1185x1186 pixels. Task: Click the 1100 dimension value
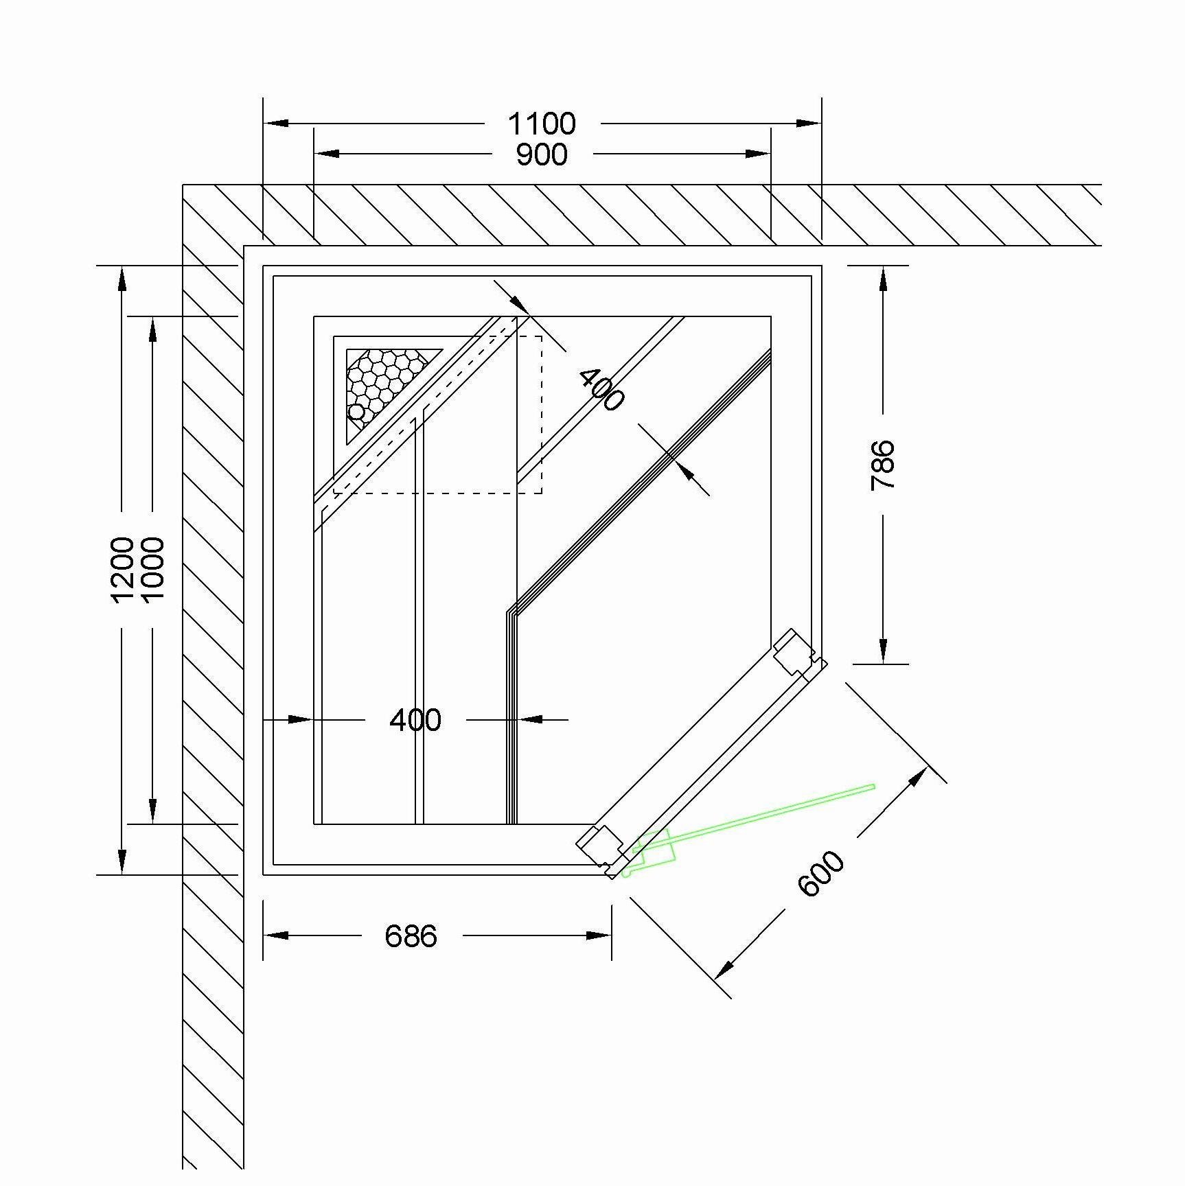542,124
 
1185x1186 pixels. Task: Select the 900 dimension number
542,155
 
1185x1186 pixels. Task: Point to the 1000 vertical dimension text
152,569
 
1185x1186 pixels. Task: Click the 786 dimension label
883,465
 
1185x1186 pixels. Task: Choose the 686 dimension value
411,935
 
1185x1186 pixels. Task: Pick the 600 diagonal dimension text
821,873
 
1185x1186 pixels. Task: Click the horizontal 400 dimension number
415,720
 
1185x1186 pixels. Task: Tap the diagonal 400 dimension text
601,389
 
